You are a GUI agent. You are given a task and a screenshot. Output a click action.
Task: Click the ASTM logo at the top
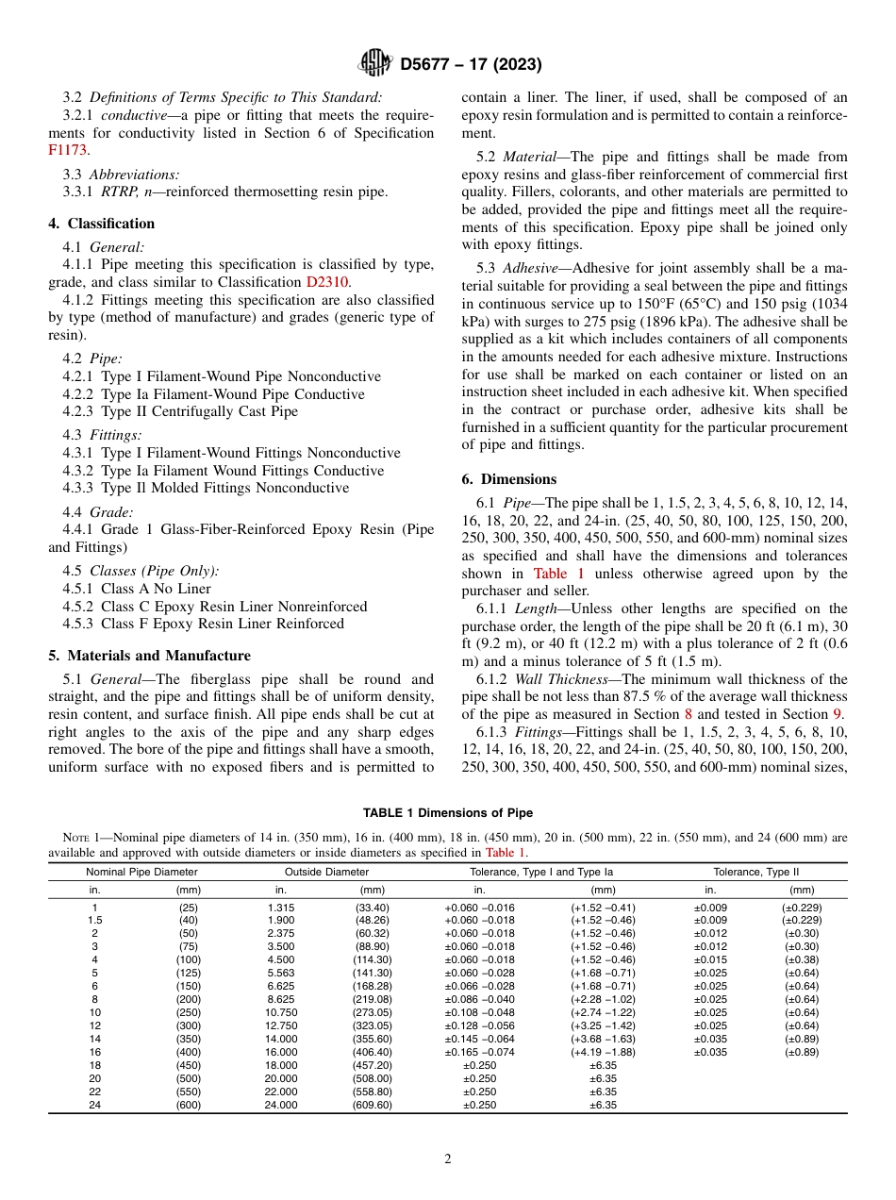pos(376,64)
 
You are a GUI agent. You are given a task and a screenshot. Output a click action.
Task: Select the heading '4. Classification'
pos(101,224)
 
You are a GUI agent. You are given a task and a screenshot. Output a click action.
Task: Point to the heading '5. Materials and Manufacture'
pos(149,656)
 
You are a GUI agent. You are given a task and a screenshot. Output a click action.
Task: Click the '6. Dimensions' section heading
pos(508,479)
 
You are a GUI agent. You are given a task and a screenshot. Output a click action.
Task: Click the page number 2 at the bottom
pos(448,1158)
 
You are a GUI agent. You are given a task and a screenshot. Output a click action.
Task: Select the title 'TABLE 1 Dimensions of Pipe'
pos(448,813)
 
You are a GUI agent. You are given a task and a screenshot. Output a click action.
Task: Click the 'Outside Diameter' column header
pos(326,872)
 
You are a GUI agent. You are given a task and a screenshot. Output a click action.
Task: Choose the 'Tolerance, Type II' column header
pos(762,872)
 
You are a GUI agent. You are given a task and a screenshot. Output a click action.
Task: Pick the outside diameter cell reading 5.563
pos(280,973)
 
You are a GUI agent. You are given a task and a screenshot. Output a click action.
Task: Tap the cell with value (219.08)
pos(372,999)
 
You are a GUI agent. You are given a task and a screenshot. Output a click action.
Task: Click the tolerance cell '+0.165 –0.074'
pos(479,1052)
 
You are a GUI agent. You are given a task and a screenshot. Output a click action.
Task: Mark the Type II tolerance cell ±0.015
pos(710,959)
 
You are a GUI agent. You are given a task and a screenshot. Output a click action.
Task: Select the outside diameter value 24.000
pos(280,1105)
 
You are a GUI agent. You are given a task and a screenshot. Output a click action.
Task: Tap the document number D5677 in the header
pos(430,65)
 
